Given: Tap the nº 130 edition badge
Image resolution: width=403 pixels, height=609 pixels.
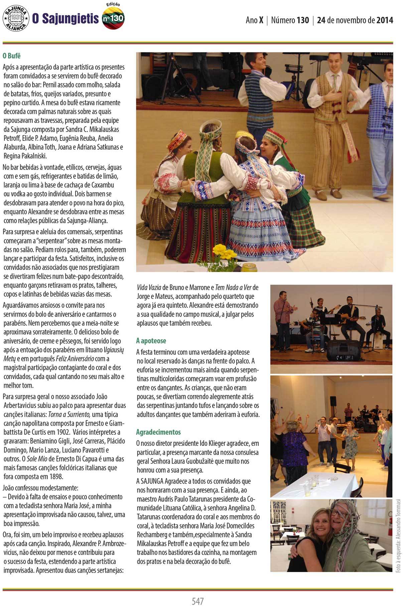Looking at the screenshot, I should click(113, 18).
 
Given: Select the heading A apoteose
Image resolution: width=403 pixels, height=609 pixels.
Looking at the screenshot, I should click(151, 341).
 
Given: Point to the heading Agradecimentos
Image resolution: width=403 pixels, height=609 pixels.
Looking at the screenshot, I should click(158, 432).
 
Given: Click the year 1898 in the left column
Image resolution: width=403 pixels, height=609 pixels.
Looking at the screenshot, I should click(55, 477).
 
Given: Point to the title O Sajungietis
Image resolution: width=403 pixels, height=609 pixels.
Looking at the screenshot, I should click(65, 19).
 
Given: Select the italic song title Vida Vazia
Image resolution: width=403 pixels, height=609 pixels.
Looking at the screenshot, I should click(149, 288).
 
